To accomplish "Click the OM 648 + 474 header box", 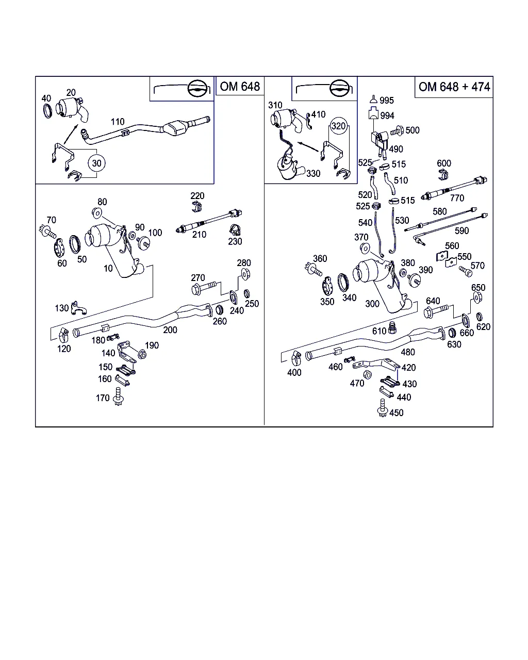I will point(454,87).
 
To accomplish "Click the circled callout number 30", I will point(96,163).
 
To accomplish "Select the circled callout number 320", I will point(338,126).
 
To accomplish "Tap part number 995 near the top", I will point(386,101).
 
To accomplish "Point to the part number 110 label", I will point(118,122).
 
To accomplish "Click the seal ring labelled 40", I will point(47,110).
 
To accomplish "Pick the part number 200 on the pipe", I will point(170,330).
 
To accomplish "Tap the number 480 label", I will point(408,353).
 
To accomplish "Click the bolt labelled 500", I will point(396,131).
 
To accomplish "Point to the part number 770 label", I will point(457,198).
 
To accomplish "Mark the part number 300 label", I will point(372,304).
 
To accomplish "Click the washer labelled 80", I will point(97,213).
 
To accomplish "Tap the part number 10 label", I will point(108,269).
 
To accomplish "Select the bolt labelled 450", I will point(382,411).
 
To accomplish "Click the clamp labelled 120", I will point(62,336).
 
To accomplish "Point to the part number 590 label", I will point(461,230).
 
